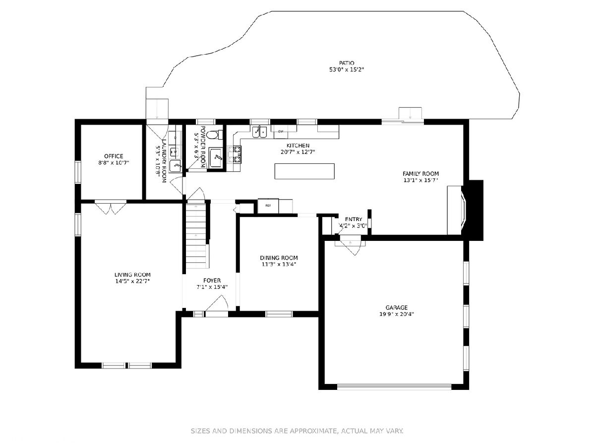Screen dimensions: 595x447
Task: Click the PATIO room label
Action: (x=347, y=63)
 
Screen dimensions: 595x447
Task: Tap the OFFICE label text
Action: (x=114, y=156)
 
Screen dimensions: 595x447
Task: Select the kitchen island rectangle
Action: (x=304, y=171)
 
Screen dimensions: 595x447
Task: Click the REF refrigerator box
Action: (x=268, y=206)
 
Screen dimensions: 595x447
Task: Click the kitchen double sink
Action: (x=260, y=132)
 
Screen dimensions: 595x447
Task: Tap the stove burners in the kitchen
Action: (x=235, y=154)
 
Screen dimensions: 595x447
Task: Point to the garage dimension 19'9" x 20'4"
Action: (x=396, y=314)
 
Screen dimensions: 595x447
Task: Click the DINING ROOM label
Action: (x=279, y=258)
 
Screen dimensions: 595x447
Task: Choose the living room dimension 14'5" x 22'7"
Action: (x=132, y=281)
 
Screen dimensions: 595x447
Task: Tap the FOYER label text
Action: (x=212, y=280)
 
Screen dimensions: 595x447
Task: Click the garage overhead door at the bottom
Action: (x=394, y=386)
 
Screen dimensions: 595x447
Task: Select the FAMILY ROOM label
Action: (x=420, y=173)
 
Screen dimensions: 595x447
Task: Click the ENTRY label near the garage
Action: (x=354, y=219)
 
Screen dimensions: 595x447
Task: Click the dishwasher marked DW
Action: (x=281, y=131)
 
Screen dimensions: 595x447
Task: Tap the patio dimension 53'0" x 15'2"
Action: (x=347, y=70)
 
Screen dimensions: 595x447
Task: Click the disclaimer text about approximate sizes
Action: (x=297, y=431)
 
